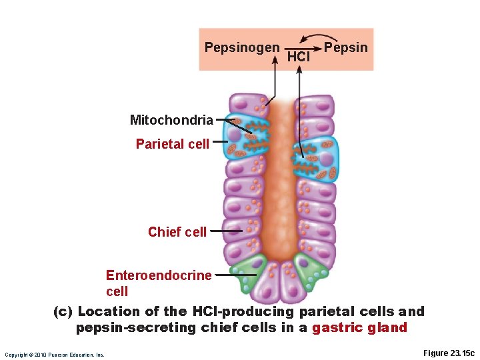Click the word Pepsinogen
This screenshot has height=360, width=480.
tap(242, 48)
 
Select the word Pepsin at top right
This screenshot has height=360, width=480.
tap(345, 48)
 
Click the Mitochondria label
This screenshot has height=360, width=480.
tap(171, 121)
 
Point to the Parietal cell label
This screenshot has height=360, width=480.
tap(172, 143)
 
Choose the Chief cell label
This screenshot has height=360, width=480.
tap(177, 232)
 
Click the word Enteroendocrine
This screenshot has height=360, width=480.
tap(159, 275)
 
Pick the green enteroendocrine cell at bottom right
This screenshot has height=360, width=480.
tap(309, 271)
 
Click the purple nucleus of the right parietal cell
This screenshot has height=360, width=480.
tap(326, 159)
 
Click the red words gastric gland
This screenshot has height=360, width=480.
tap(360, 327)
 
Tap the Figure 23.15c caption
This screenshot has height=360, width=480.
tap(449, 353)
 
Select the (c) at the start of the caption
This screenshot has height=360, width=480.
tap(64, 311)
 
